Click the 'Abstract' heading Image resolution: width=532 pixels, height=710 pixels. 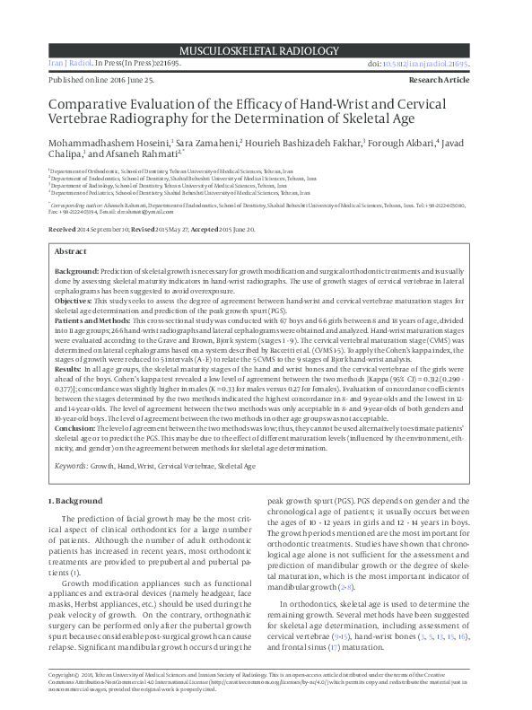pos(71,252)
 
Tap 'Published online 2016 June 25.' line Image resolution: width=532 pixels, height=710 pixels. pos(104,80)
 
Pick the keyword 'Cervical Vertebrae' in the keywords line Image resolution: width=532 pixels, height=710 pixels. pos(187,467)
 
